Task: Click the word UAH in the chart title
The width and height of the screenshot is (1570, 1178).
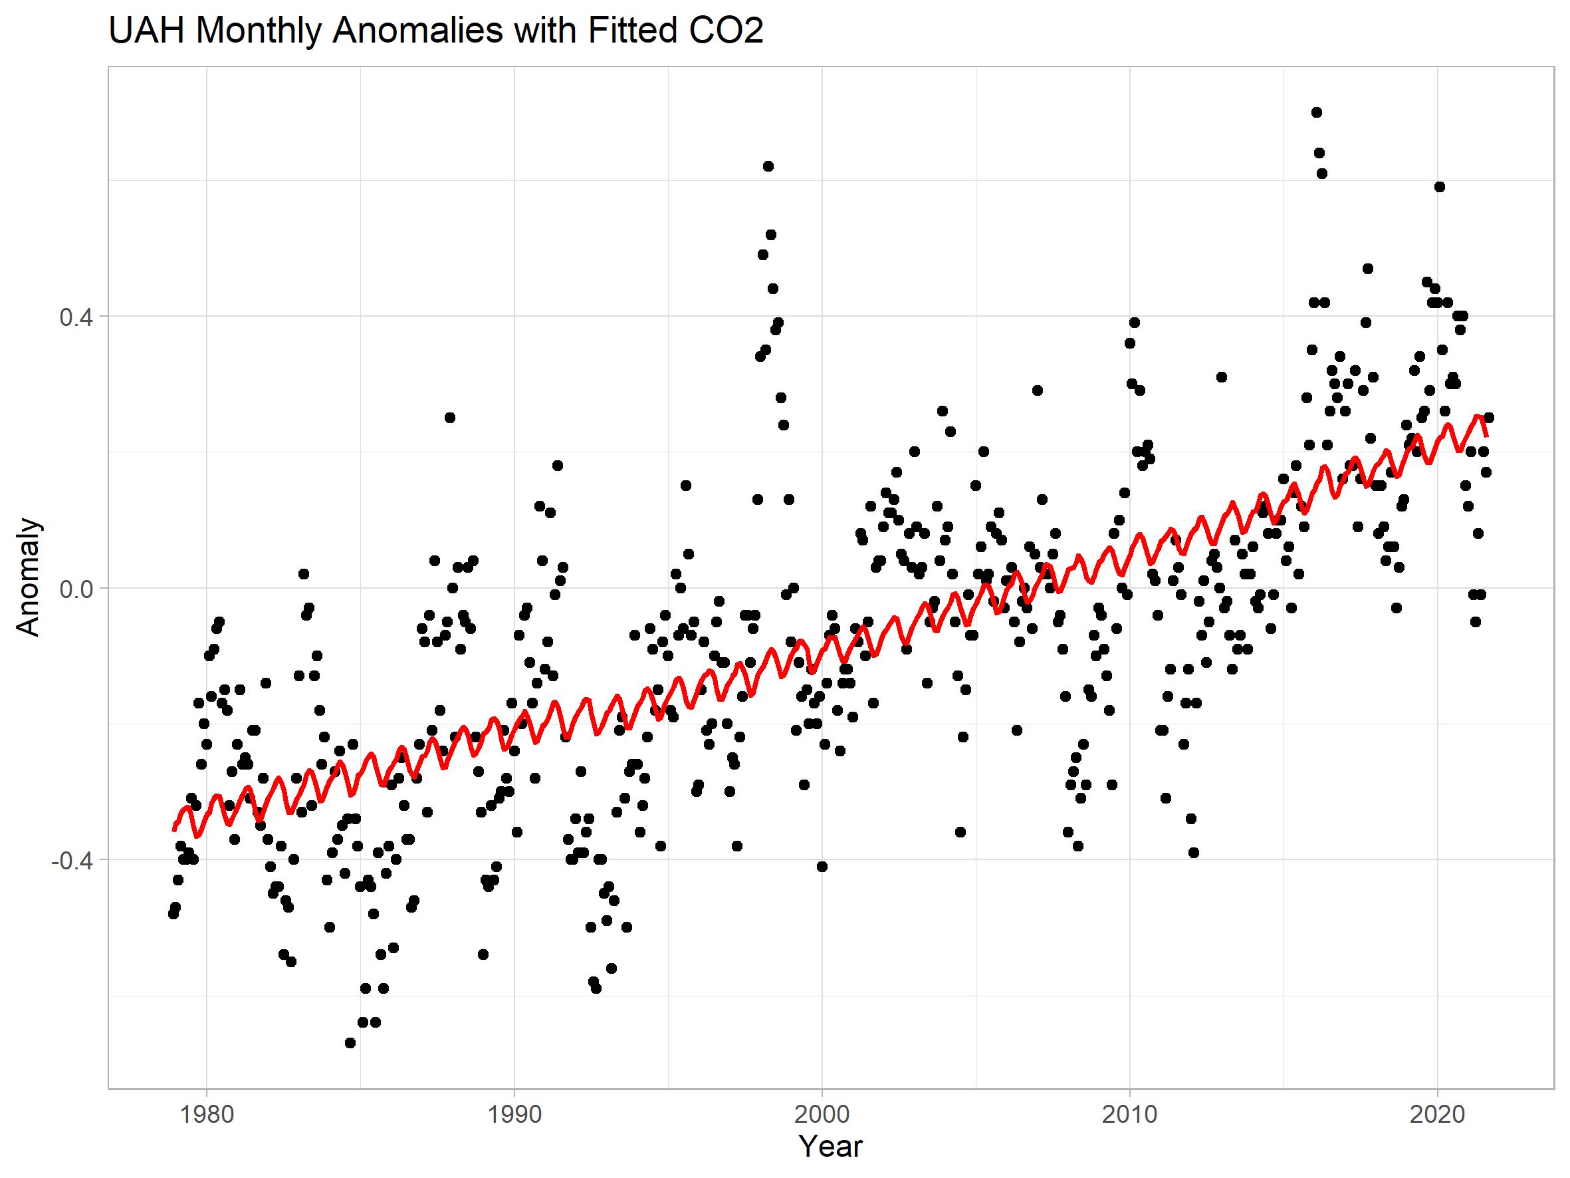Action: (x=146, y=31)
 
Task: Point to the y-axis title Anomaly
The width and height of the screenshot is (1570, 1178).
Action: (x=28, y=577)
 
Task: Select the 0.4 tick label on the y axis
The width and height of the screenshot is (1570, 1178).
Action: (x=76, y=317)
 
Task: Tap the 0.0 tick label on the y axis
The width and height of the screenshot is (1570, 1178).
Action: (x=76, y=589)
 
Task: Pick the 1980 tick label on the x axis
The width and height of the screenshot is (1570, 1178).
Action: (x=207, y=1114)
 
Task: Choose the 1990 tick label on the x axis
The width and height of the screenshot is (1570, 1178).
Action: (x=514, y=1114)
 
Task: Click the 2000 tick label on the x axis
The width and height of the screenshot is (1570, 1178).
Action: (x=822, y=1114)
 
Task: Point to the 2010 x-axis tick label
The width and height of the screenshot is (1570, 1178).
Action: (x=1129, y=1114)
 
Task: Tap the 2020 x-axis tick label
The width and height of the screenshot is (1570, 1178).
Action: (x=1437, y=1114)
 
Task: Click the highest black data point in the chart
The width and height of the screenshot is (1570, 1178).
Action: (x=1317, y=112)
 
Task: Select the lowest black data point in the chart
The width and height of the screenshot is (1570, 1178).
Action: (x=350, y=1042)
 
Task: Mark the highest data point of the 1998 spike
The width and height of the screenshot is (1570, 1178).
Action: (x=768, y=166)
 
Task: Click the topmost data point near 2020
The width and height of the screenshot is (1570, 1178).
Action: (x=1440, y=187)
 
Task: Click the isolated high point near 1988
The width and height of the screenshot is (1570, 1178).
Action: (x=450, y=418)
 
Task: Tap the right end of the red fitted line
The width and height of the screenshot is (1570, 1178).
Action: (x=1486, y=434)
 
